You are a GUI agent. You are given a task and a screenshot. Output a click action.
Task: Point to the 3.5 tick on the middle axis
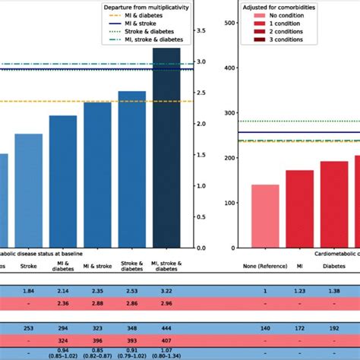(201, 31)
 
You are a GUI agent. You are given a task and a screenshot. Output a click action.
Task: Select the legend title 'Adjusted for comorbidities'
(273, 7)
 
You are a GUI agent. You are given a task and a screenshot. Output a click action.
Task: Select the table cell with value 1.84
(29, 291)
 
